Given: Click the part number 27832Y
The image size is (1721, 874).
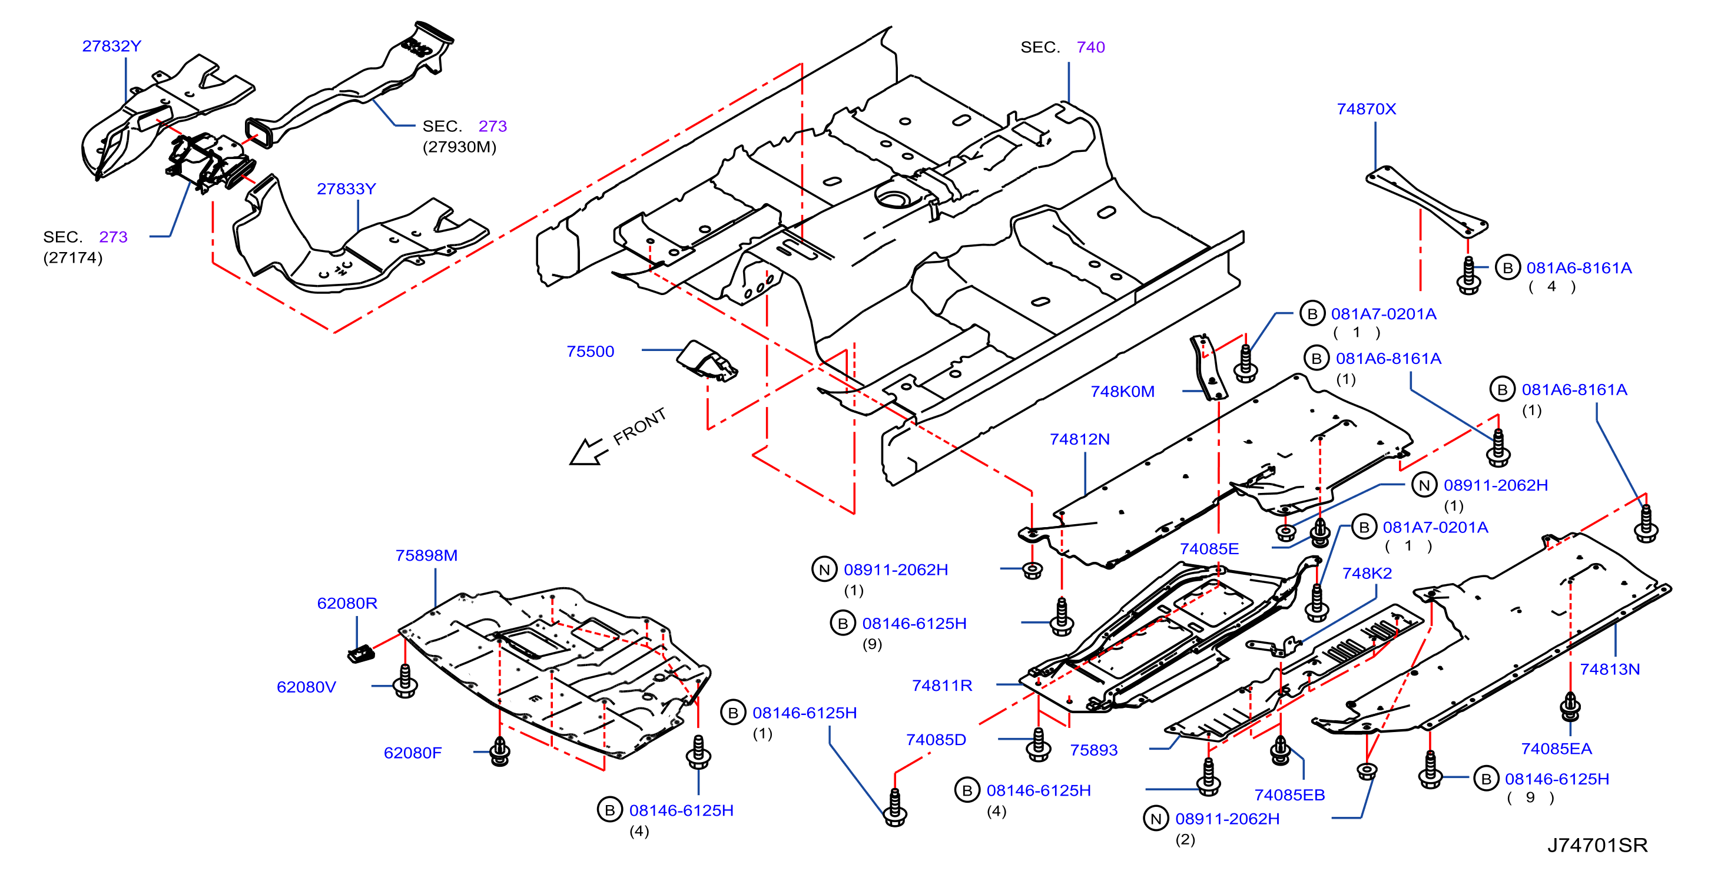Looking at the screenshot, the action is coord(111,46).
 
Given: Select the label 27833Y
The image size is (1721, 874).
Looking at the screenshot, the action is coord(346,189).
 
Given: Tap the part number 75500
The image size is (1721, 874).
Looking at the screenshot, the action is coord(590,352).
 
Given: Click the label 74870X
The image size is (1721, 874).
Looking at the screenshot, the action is coord(1366,109).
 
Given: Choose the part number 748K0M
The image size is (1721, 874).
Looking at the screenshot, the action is coord(1122,392).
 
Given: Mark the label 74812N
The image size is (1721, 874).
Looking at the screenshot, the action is coord(1080,439).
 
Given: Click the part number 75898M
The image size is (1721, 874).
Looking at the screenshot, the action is coord(426,555).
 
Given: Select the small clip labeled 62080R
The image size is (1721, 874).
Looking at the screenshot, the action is coord(362,654).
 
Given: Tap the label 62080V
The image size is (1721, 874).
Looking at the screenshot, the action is coord(307,687).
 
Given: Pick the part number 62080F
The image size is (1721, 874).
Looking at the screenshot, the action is coord(412,753).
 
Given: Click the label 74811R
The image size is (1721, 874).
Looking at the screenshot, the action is coord(942,686).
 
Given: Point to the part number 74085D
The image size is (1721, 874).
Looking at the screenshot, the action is coord(936,740).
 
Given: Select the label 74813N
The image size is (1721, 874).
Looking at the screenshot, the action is coord(1610,669).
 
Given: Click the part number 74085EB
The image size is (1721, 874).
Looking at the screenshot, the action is coord(1289,795).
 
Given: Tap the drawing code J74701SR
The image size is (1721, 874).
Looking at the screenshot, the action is coord(1597,845).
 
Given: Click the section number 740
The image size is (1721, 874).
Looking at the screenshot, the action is coord(1091,48).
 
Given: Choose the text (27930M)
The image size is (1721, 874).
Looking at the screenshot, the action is coord(460,147).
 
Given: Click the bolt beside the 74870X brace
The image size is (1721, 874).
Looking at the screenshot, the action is coord(1468,275).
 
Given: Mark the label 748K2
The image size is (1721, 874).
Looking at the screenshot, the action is coord(1367,573).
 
